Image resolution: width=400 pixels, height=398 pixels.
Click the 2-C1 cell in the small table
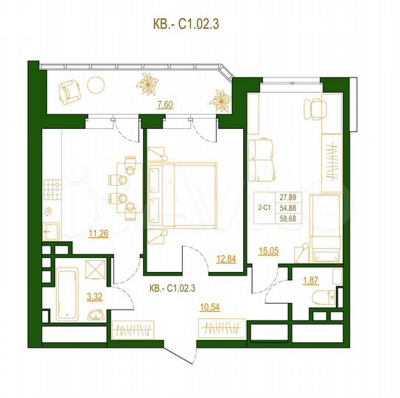265,208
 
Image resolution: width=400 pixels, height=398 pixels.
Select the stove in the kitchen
52,193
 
